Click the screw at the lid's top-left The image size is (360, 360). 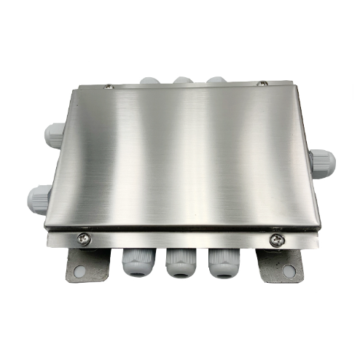pos(108,86)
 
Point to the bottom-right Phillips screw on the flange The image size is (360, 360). pos(275,238)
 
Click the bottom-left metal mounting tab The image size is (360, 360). pos(85,267)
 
